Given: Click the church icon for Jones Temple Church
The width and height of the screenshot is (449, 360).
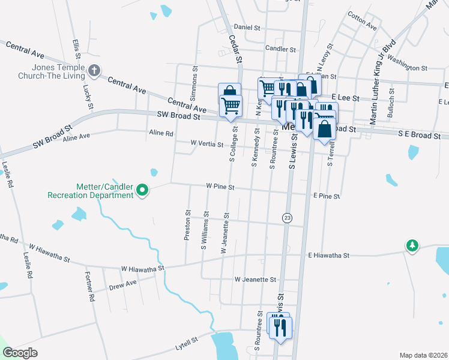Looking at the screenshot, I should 94,71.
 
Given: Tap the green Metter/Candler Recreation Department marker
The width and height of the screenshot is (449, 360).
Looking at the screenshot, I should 142,190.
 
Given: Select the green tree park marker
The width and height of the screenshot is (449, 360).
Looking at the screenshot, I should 412,245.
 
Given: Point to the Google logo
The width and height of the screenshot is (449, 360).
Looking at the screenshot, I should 20,353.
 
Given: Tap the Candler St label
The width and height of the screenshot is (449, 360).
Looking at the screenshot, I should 280,49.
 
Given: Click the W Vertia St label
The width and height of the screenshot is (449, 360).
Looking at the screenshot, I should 206,145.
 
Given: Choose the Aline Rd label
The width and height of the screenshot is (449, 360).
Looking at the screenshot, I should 161,133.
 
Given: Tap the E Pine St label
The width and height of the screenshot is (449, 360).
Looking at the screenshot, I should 327,196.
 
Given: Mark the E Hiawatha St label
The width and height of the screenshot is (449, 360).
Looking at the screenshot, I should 328,256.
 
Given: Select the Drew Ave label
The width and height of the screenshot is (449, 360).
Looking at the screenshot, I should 123,284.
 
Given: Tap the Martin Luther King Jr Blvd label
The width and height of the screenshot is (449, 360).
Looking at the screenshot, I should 383,83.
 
